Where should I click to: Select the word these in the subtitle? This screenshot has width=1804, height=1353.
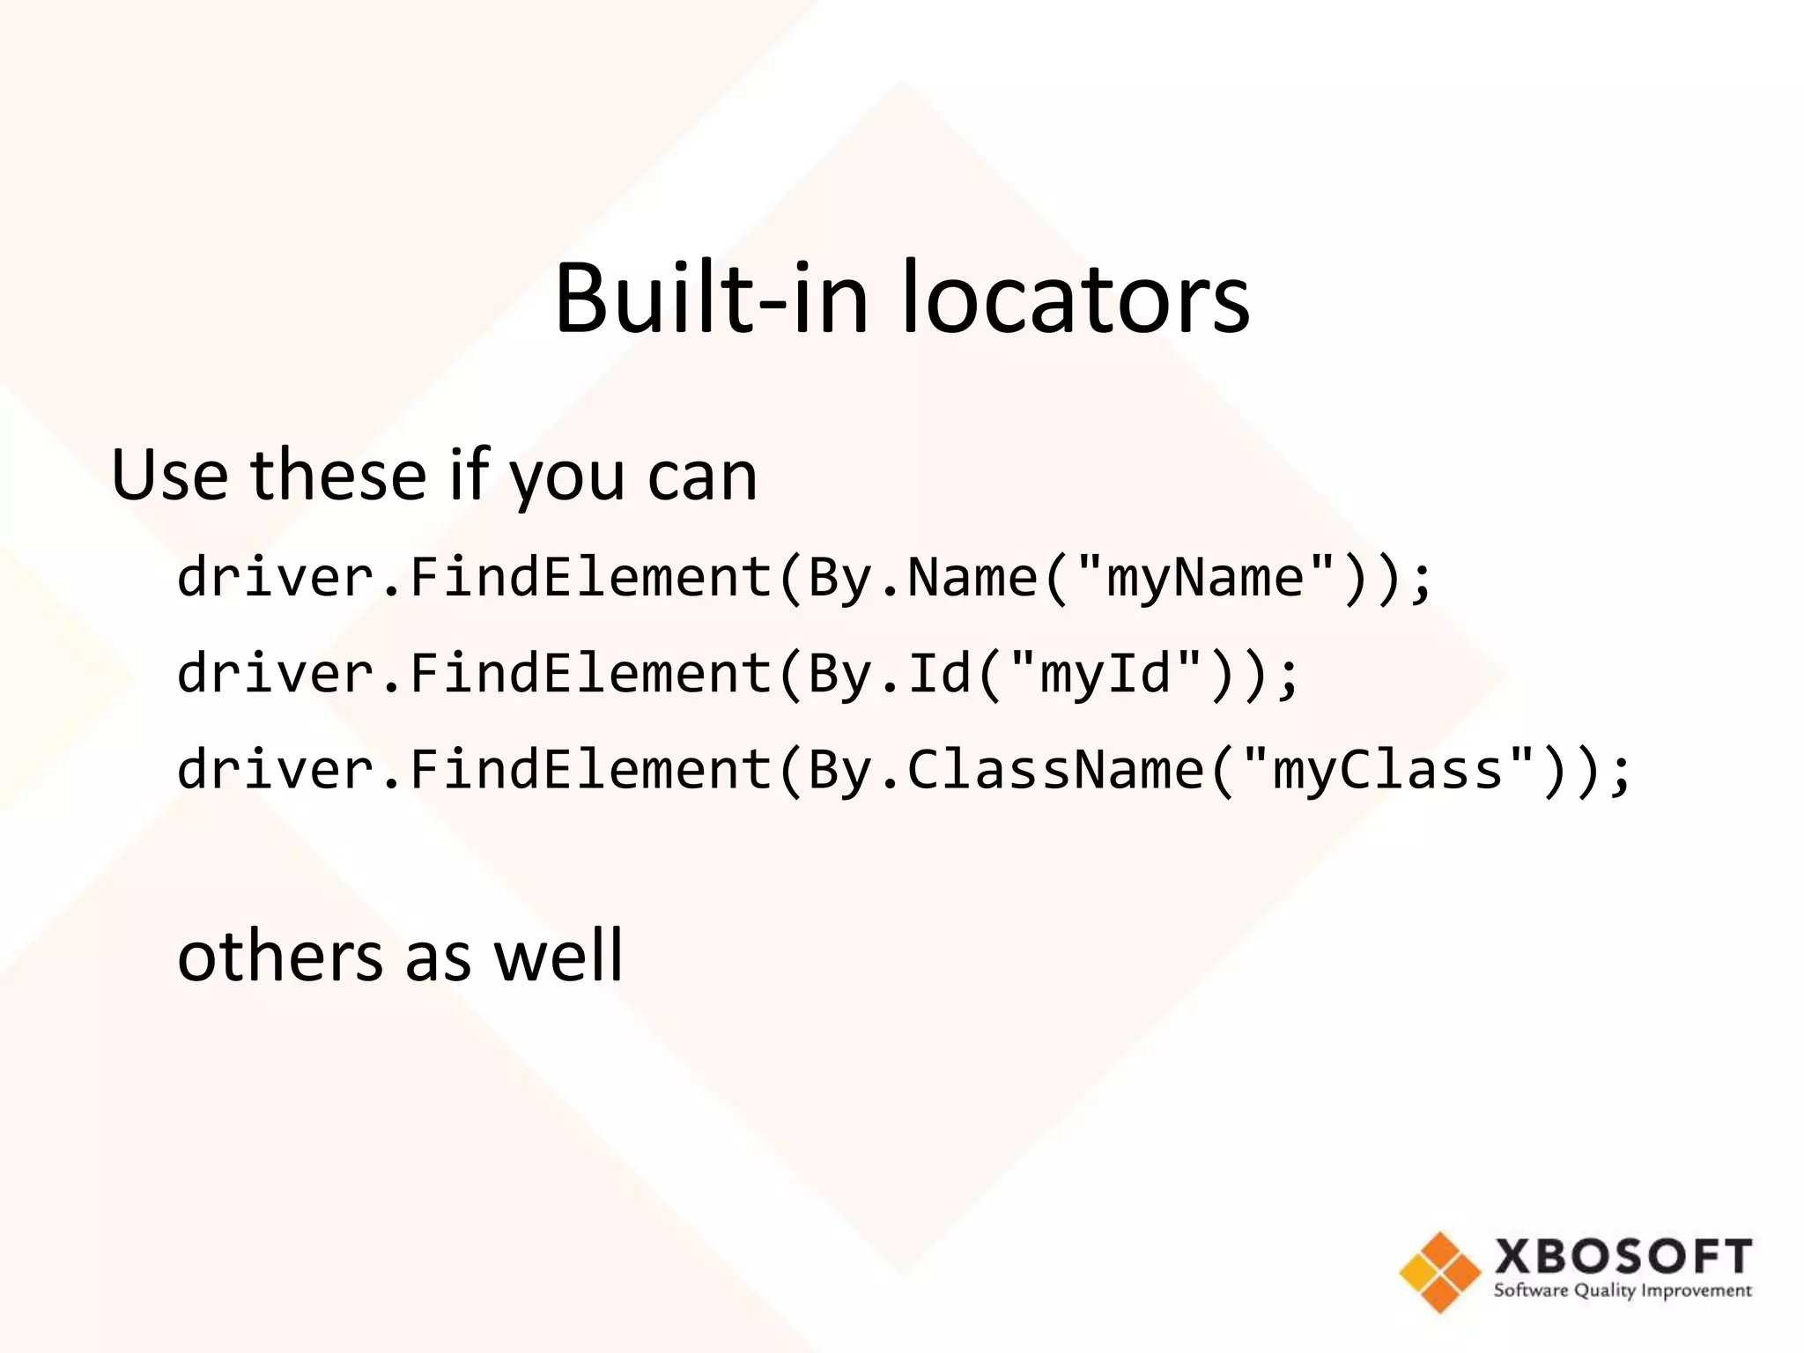pos(339,476)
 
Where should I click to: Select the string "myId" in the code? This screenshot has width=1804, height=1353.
pos(1105,675)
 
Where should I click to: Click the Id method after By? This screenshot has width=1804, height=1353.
pos(939,675)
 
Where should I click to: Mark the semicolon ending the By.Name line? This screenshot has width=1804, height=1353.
pos(1420,581)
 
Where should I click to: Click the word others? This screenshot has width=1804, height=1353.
pos(281,957)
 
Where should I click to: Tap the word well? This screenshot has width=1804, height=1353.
pos(558,957)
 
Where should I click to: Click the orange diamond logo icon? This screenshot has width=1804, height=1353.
pos(1439,1272)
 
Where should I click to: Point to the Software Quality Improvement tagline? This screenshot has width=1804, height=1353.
pos(1623,1291)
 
